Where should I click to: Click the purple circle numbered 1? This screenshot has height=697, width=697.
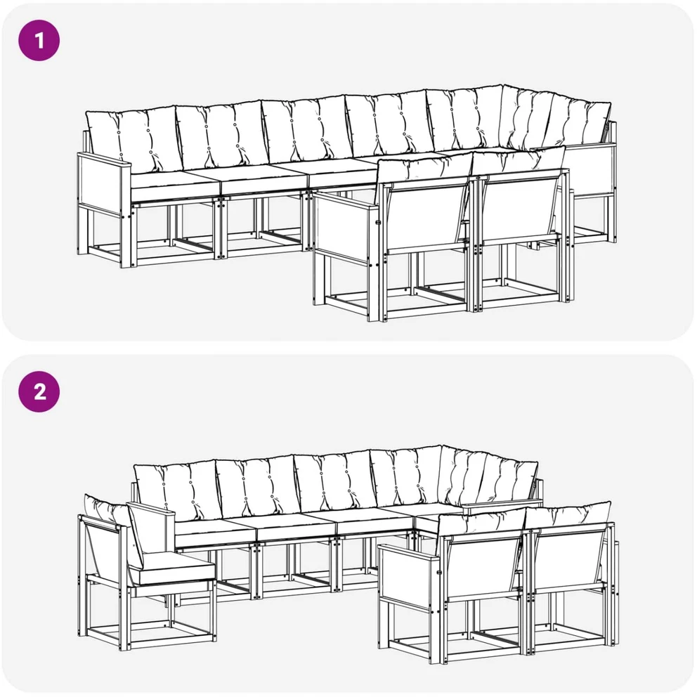point(39,40)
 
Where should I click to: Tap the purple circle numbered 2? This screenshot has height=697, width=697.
point(39,391)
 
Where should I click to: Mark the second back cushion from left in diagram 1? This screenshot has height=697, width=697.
point(222,133)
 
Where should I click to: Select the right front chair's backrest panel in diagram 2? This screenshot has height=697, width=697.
point(569,561)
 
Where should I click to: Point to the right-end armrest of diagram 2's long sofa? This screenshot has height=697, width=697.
point(502,504)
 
